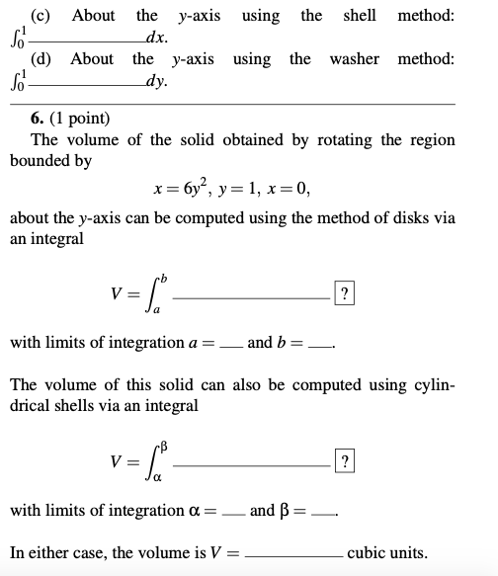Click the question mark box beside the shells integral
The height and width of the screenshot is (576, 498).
343,462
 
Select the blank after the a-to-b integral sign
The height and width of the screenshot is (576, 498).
257,295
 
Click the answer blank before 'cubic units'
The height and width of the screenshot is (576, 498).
294,554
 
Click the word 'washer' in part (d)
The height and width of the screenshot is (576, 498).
355,58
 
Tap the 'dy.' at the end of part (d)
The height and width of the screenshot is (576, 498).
154,82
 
